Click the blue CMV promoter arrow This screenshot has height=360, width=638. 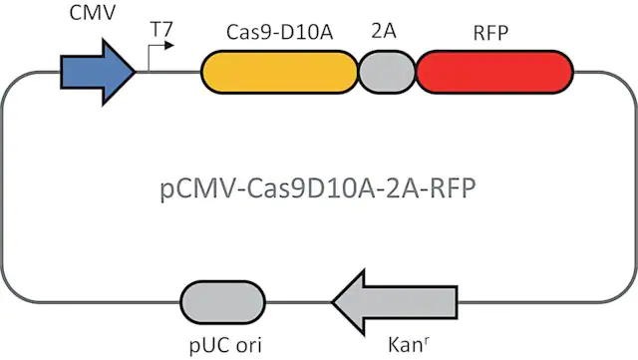(98, 72)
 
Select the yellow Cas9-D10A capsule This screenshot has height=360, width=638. (279, 72)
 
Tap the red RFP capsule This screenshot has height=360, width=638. (494, 72)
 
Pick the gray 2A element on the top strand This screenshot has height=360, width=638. (387, 72)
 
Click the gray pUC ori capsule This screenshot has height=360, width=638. (222, 302)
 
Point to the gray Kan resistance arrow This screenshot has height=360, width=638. (395, 302)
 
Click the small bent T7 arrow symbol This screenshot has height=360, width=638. (159, 56)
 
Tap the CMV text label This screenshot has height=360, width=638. (93, 13)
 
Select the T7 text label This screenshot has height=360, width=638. (161, 29)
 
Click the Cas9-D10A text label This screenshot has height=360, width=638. (279, 32)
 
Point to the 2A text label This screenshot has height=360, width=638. (384, 31)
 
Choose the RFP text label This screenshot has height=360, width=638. (490, 33)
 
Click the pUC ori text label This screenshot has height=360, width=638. (225, 345)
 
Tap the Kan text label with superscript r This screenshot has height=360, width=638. (408, 344)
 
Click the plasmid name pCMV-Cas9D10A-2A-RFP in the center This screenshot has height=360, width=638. (318, 188)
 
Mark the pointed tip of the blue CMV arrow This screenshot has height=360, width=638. (136, 72)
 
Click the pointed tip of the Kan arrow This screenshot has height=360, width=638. (332, 302)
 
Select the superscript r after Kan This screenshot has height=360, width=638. (426, 341)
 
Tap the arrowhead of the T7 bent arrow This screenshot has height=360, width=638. (169, 46)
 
